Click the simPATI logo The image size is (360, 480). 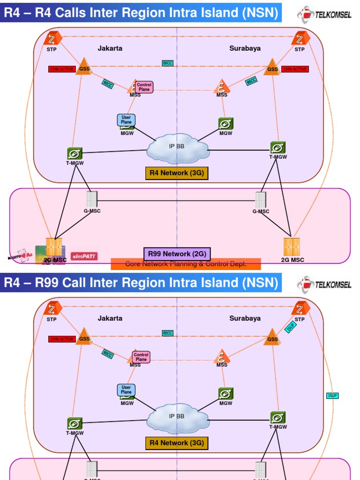pyautogui.click(x=84, y=256)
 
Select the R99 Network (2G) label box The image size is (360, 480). pyautogui.click(x=177, y=254)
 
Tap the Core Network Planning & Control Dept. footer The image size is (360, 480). pyautogui.click(x=186, y=264)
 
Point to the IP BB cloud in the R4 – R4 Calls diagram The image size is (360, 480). pyautogui.click(x=178, y=147)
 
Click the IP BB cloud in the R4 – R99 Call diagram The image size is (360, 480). pyautogui.click(x=178, y=417)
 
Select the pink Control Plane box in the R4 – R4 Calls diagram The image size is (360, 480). pyautogui.click(x=144, y=87)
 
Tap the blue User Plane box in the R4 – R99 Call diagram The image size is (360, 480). pyautogui.click(x=126, y=390)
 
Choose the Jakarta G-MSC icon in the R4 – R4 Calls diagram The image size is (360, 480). pyautogui.click(x=92, y=200)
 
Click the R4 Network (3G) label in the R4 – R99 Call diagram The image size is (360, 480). pyautogui.click(x=177, y=442)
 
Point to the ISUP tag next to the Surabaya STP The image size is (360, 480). pyautogui.click(x=290, y=327)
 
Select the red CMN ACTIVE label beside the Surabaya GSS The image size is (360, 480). pyautogui.click(x=295, y=69)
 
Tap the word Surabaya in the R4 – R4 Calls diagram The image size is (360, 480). pyautogui.click(x=245, y=48)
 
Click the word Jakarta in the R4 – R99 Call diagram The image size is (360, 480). pyautogui.click(x=110, y=318)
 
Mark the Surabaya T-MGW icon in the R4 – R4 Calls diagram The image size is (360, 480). pyautogui.click(x=278, y=148)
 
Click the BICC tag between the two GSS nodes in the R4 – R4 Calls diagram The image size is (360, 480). pyautogui.click(x=168, y=63)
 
